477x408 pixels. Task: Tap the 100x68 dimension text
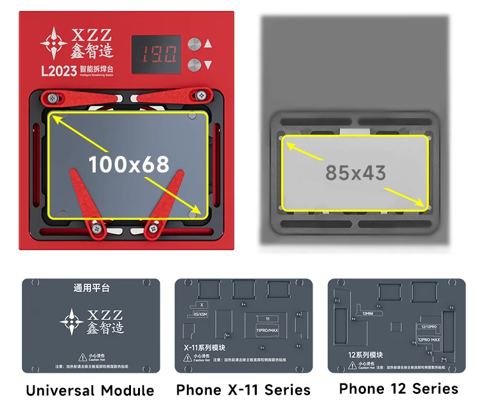(x=128, y=164)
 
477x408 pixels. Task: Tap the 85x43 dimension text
(x=355, y=173)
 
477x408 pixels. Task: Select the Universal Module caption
(x=90, y=390)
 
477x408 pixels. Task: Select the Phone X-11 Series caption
(x=243, y=389)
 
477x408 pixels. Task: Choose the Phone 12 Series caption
(x=398, y=388)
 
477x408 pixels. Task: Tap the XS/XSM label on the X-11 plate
(x=201, y=316)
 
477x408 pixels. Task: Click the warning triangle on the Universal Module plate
(x=82, y=357)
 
